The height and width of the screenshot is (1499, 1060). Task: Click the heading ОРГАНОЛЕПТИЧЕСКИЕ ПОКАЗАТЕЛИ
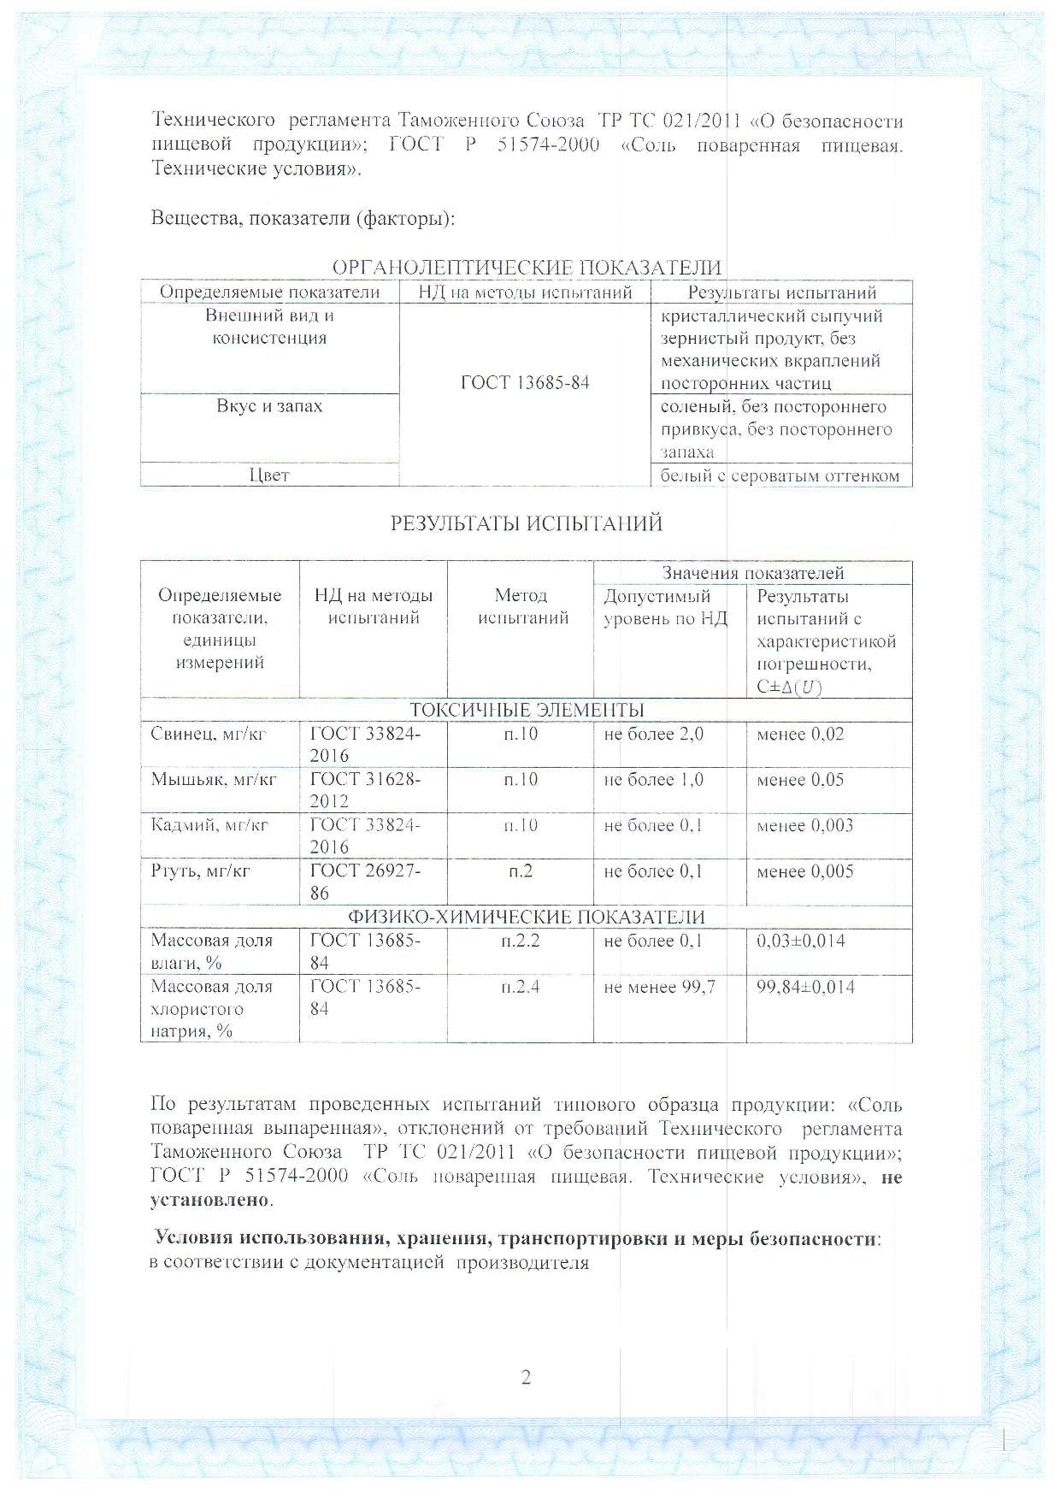pos(526,268)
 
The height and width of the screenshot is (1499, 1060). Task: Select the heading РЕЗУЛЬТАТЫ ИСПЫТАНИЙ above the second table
pos(526,523)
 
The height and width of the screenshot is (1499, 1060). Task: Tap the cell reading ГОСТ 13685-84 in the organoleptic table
pos(525,382)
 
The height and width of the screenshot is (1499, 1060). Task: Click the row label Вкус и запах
pos(269,406)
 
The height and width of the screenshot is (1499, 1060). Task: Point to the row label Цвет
pos(269,475)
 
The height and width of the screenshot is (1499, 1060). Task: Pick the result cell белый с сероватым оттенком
pos(780,476)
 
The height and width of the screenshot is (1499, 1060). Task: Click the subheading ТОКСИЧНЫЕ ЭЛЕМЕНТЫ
pos(527,711)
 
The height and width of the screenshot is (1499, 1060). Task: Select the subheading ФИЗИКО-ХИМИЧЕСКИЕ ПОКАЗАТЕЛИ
pos(527,918)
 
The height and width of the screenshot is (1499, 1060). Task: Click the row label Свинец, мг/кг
pos(209,735)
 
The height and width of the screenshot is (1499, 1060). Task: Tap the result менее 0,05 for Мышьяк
pos(800,780)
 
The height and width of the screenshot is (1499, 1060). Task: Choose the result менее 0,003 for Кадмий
pos(804,826)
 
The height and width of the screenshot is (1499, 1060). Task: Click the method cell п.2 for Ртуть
pos(520,871)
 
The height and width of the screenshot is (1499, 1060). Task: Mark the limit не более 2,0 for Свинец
pos(653,735)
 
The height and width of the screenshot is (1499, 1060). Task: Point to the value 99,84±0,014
pos(805,987)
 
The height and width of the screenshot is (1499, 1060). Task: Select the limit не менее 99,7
pos(659,987)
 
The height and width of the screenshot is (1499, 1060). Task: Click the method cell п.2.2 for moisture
pos(520,941)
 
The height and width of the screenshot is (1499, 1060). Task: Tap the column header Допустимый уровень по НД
pos(665,607)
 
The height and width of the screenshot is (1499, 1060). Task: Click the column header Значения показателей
pos(753,573)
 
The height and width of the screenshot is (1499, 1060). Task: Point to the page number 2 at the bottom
pos(526,1378)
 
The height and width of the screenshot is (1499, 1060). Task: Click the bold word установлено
pos(210,1200)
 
